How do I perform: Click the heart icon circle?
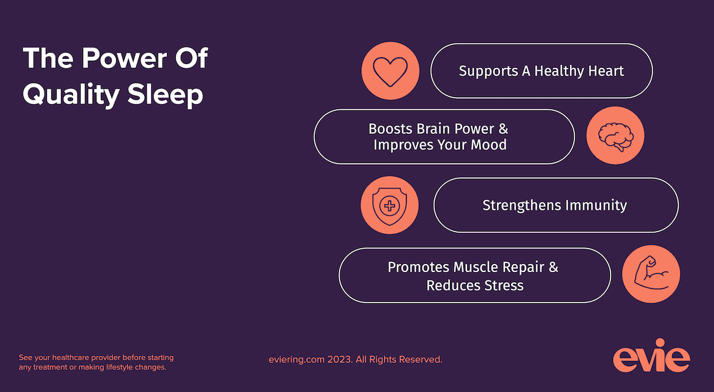(390, 70)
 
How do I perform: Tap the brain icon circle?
(615, 135)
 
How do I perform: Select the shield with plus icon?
(390, 206)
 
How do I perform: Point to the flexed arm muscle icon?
(651, 275)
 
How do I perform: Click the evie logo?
(651, 358)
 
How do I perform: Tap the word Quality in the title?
(71, 95)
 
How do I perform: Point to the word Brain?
(434, 129)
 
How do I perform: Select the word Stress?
(501, 285)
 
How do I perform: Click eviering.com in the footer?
(296, 360)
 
